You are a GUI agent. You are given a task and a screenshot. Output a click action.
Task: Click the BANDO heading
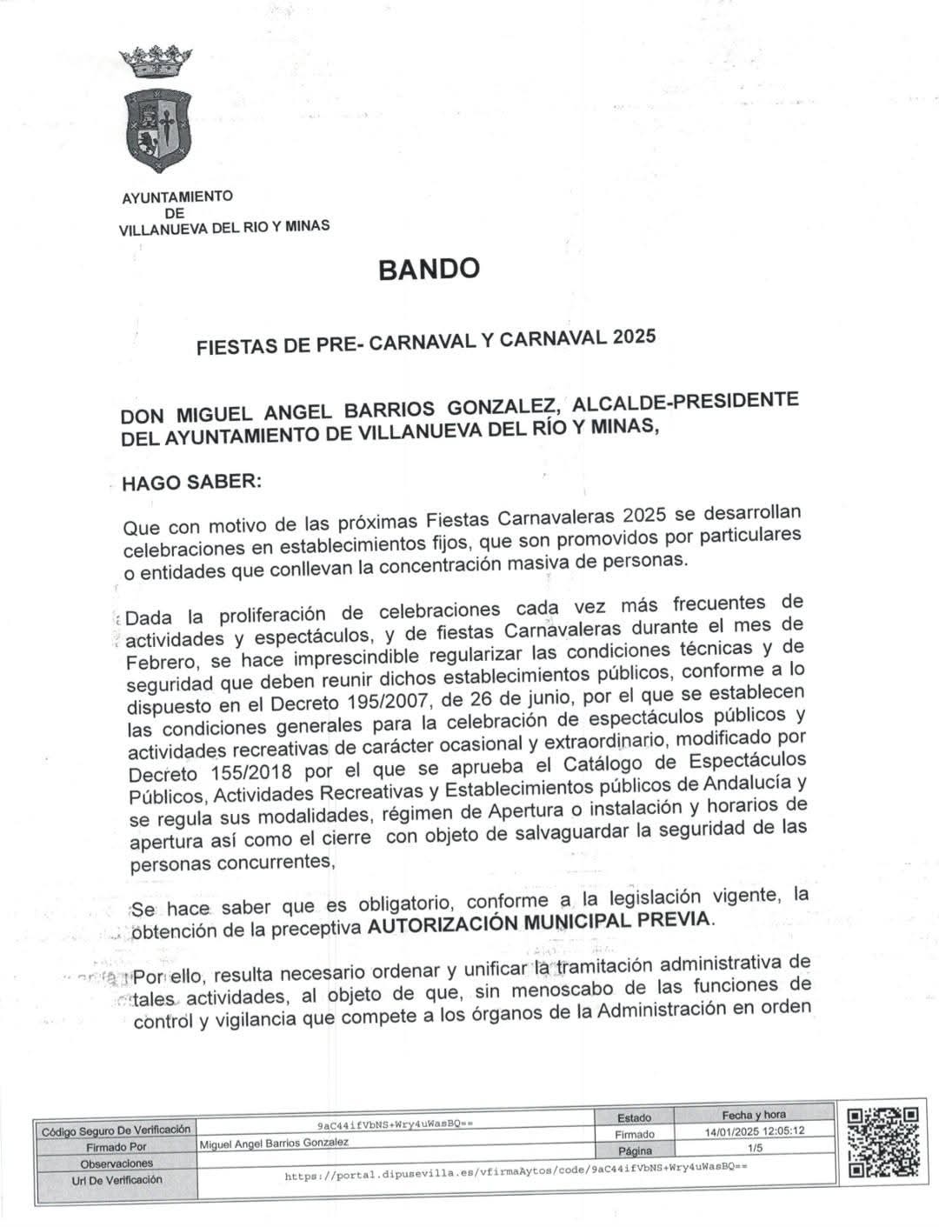tap(429, 269)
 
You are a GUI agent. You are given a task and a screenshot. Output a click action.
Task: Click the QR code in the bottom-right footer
tap(882, 1140)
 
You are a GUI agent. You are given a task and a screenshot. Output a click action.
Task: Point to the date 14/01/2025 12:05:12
tap(754, 1132)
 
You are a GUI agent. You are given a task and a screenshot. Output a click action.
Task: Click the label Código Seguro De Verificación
tap(116, 1130)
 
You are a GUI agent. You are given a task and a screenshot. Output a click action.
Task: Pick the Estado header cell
tap(634, 1117)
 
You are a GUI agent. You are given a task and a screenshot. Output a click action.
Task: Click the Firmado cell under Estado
tap(634, 1134)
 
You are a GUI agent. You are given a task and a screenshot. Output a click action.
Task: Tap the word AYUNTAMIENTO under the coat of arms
tap(176, 197)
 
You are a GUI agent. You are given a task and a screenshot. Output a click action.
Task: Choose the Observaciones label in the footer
tap(116, 1163)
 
